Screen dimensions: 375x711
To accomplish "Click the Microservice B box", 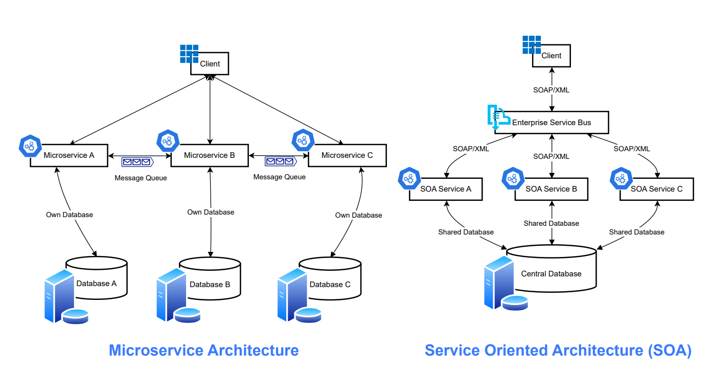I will pyautogui.click(x=209, y=155).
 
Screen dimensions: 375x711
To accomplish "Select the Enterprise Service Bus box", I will pyautogui.click(x=552, y=123).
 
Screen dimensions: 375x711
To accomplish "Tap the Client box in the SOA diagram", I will pyautogui.click(x=552, y=56).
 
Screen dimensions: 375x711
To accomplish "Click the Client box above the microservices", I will pyautogui.click(x=210, y=64).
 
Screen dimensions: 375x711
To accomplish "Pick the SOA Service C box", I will pyautogui.click(x=656, y=189).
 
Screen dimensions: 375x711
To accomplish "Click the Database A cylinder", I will pyautogui.click(x=97, y=278).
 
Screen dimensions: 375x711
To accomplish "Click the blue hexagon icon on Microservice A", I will pyautogui.click(x=30, y=147).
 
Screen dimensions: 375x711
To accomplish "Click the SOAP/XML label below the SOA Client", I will pyautogui.click(x=552, y=90).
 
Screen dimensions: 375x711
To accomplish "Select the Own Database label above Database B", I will pyautogui.click(x=211, y=212).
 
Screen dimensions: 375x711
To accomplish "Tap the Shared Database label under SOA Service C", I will pyautogui.click(x=636, y=232).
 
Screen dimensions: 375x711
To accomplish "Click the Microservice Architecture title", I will pyautogui.click(x=203, y=350).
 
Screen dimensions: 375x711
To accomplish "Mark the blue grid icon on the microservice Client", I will pyautogui.click(x=189, y=54).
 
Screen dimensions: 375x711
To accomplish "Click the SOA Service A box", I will pyautogui.click(x=446, y=189).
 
